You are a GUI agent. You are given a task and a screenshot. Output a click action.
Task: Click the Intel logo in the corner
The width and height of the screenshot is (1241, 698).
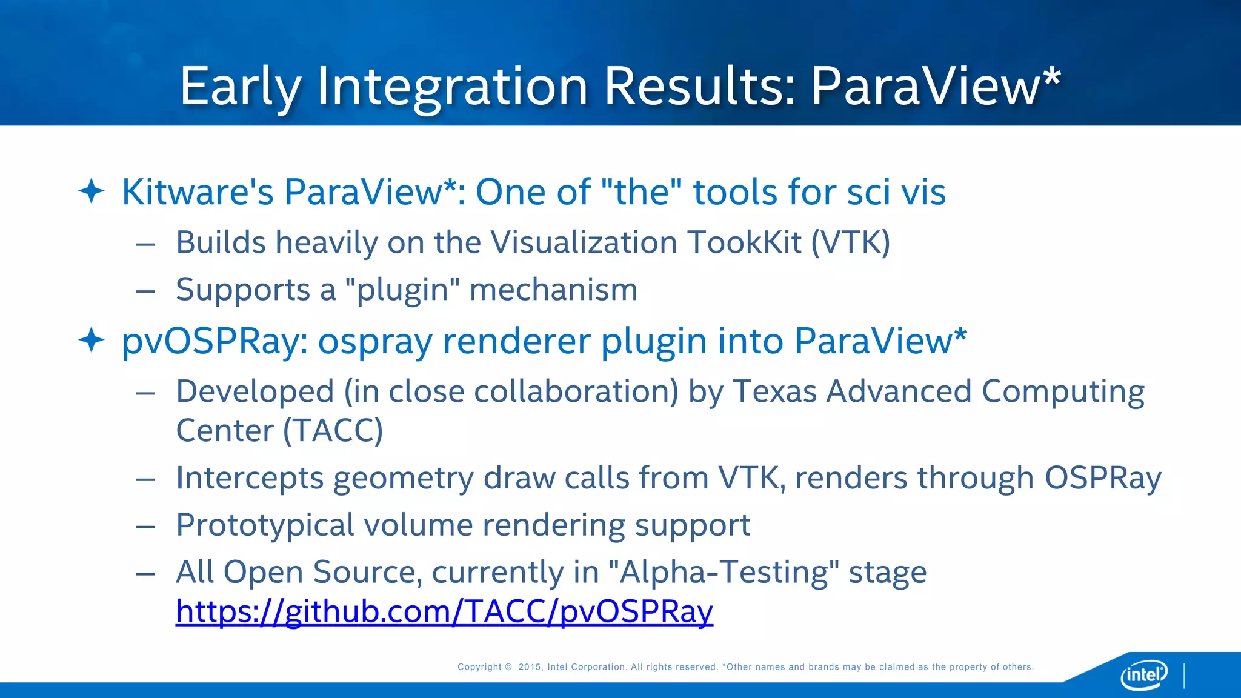point(1144,674)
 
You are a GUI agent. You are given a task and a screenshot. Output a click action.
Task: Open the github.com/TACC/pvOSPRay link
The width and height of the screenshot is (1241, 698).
point(444,611)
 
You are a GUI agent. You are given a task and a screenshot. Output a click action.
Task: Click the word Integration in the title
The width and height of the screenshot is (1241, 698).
point(452,86)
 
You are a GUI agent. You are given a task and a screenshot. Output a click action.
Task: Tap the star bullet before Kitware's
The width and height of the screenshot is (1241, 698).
point(91,191)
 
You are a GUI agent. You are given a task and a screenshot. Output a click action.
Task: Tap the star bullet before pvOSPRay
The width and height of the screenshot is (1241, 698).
point(91,340)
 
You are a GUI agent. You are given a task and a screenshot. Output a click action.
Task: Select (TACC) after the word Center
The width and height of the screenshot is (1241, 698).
point(333,431)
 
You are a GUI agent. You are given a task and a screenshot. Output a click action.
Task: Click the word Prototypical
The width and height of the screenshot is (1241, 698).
point(265,525)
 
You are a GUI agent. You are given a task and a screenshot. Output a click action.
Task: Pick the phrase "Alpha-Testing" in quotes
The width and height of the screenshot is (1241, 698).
point(724,572)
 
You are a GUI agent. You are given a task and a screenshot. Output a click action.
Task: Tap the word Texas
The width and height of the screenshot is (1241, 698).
point(774,391)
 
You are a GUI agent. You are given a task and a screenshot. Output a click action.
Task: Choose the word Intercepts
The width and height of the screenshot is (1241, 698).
point(250,477)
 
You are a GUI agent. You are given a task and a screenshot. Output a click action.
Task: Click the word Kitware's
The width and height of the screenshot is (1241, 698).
point(198,192)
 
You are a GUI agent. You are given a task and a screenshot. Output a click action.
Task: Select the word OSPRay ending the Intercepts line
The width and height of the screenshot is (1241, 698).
point(1102,477)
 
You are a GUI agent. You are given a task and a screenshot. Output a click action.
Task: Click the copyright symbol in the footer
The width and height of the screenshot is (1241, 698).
point(508,667)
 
